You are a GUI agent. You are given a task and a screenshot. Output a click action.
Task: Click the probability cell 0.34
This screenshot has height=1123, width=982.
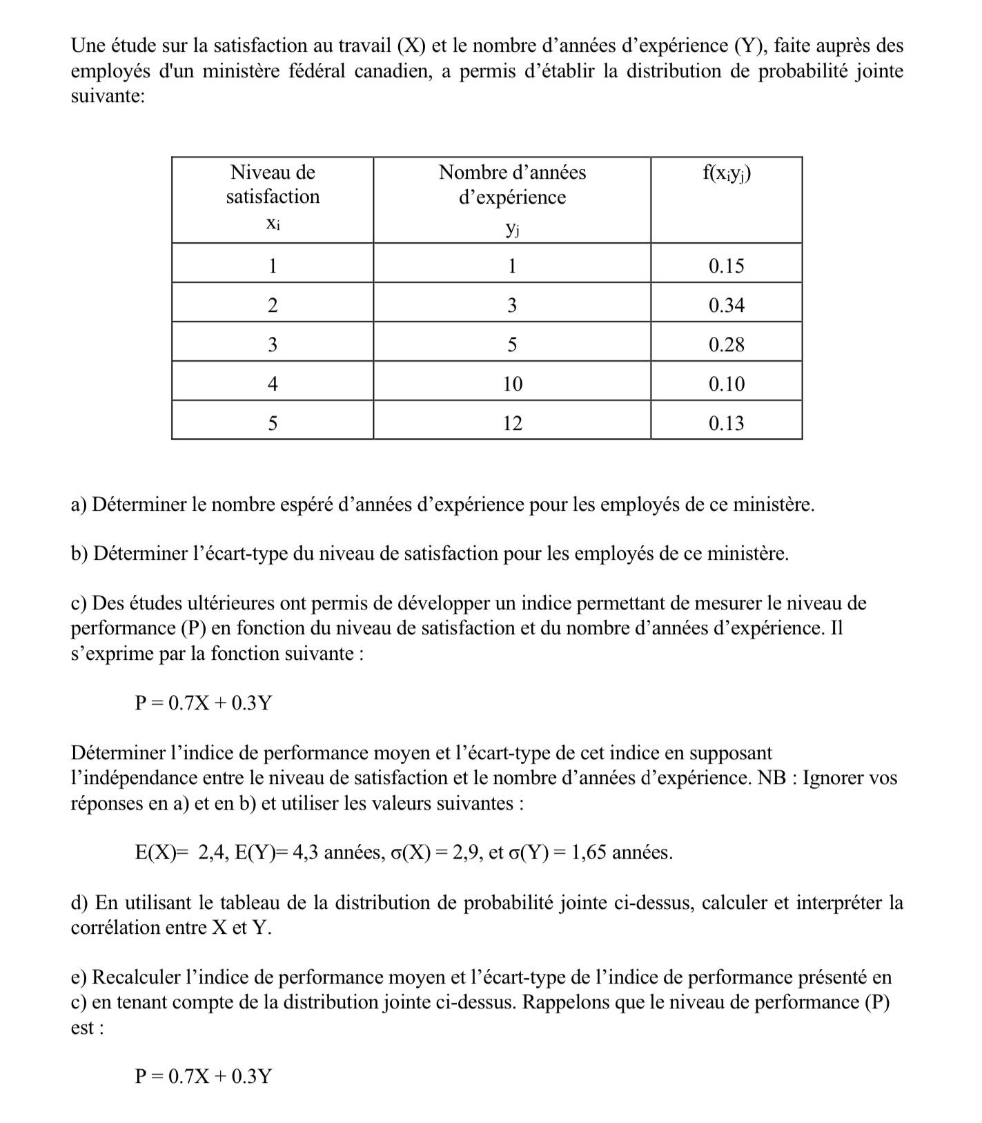click(x=726, y=305)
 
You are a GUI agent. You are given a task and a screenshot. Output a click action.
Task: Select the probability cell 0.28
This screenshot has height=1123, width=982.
click(x=726, y=344)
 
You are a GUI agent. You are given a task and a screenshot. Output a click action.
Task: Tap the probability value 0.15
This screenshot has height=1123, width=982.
click(x=726, y=266)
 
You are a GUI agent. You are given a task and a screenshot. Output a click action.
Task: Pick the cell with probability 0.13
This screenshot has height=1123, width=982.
click(x=726, y=423)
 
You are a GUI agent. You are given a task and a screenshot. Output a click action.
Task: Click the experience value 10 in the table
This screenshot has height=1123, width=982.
click(x=512, y=384)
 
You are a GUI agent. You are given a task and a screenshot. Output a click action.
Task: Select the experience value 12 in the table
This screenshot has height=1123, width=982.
click(x=512, y=423)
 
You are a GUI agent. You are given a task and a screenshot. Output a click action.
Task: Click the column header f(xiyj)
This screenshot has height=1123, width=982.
click(x=726, y=173)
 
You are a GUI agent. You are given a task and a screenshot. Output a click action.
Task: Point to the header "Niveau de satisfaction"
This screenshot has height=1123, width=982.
click(x=273, y=184)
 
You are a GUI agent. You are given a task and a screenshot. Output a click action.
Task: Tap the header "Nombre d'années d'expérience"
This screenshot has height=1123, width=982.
click(x=512, y=184)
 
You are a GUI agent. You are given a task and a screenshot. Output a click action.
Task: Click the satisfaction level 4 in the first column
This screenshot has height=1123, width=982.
click(x=273, y=384)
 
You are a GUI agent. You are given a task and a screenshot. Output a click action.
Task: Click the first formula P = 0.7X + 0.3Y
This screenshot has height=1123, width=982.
click(x=203, y=703)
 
